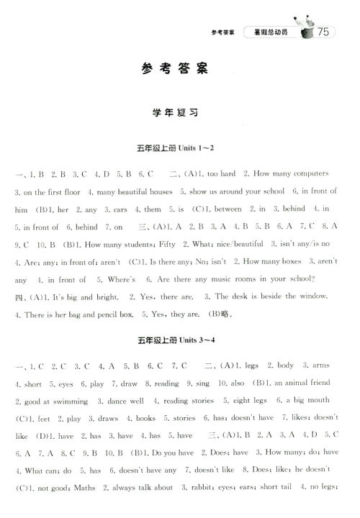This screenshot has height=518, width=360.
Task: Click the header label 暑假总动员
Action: (269, 32)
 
